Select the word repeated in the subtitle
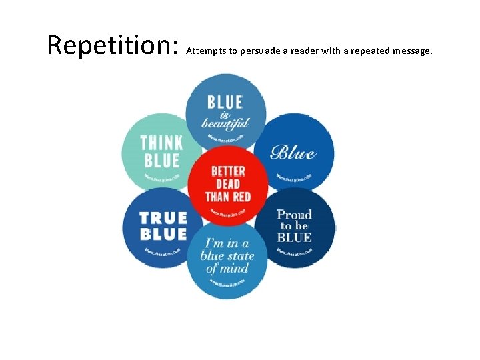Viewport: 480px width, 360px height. [367, 50]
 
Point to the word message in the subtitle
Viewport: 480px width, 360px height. [412, 51]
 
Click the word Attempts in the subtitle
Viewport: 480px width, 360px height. [206, 50]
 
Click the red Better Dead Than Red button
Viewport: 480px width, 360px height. [227, 183]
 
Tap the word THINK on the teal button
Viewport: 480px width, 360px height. [161, 143]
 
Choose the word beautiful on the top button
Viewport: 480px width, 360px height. [227, 123]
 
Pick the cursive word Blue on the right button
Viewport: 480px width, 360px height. [293, 152]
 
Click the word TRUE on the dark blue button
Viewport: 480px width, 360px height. [163, 217]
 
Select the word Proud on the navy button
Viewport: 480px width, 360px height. [294, 215]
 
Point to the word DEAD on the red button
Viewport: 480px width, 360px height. [227, 183]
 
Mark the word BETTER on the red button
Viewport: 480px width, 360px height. [227, 171]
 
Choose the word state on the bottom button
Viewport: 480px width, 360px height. [239, 256]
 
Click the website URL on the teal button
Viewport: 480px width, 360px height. [162, 178]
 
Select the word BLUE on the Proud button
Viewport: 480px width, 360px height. [294, 237]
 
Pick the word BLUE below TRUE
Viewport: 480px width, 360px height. [163, 234]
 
